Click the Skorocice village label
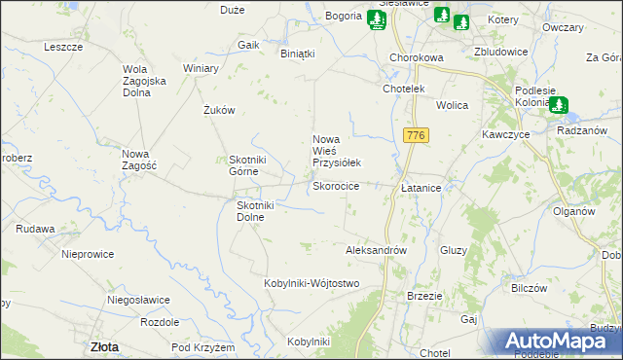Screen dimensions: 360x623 click(x=335, y=186)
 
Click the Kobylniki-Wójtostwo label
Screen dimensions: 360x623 click(x=311, y=283)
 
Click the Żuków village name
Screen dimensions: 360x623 click(x=220, y=111)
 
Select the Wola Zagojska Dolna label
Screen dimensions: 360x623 click(x=146, y=81)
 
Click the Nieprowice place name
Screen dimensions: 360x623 click(x=88, y=254)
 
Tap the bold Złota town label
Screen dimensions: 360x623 click(x=104, y=346)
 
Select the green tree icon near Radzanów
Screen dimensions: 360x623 click(x=562, y=106)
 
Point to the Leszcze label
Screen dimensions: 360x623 click(x=63, y=47)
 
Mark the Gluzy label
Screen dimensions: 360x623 click(x=454, y=250)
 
